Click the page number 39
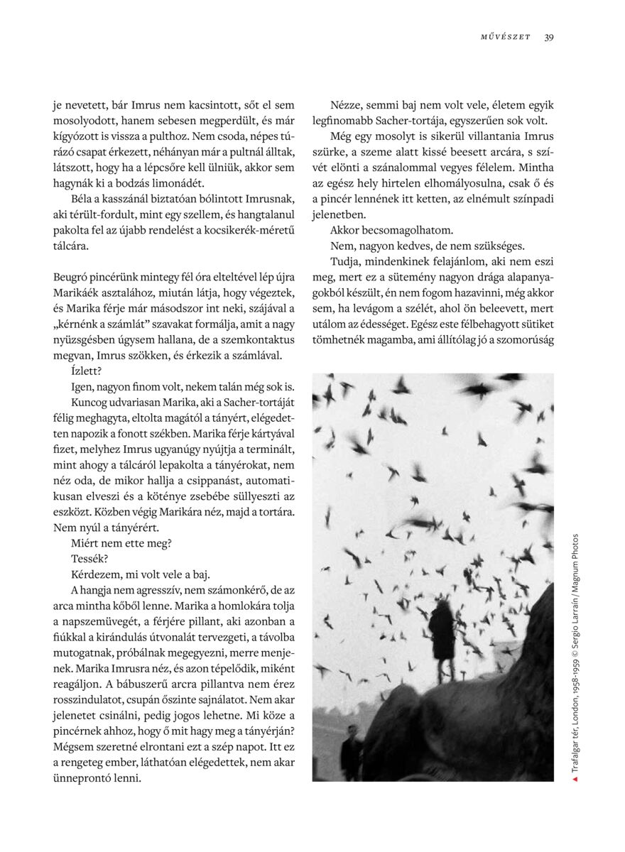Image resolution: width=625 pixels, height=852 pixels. click(x=549, y=37)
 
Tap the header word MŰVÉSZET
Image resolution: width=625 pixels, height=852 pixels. click(x=505, y=37)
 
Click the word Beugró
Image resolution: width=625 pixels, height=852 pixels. click(x=73, y=293)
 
